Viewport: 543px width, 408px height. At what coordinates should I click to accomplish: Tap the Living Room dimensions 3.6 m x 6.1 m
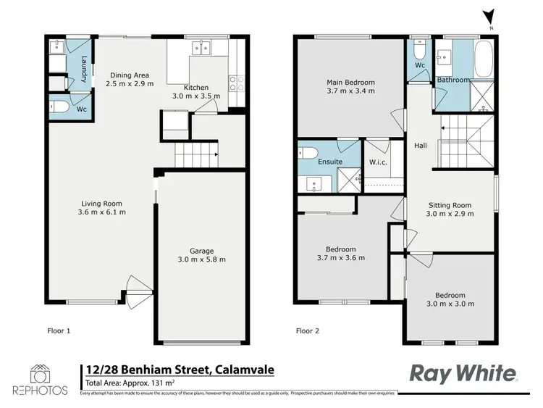coord(101,212)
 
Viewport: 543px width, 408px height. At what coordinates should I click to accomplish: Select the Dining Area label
coord(129,75)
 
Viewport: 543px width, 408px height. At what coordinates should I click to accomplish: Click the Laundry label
coord(85,69)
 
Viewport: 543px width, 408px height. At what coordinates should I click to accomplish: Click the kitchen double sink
coord(201,49)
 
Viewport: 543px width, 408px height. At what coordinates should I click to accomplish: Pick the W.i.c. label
coord(378,162)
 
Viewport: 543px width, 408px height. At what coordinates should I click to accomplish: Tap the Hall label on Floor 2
coord(420,146)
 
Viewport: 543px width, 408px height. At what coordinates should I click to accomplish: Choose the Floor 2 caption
coord(308,330)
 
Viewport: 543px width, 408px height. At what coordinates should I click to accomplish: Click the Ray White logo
coord(464,372)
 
